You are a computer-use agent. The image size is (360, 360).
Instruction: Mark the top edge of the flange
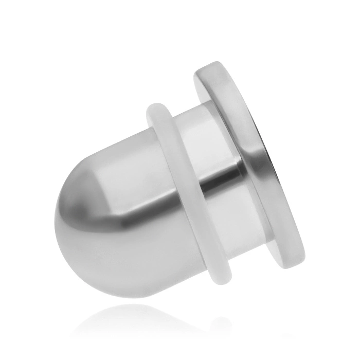216,65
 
